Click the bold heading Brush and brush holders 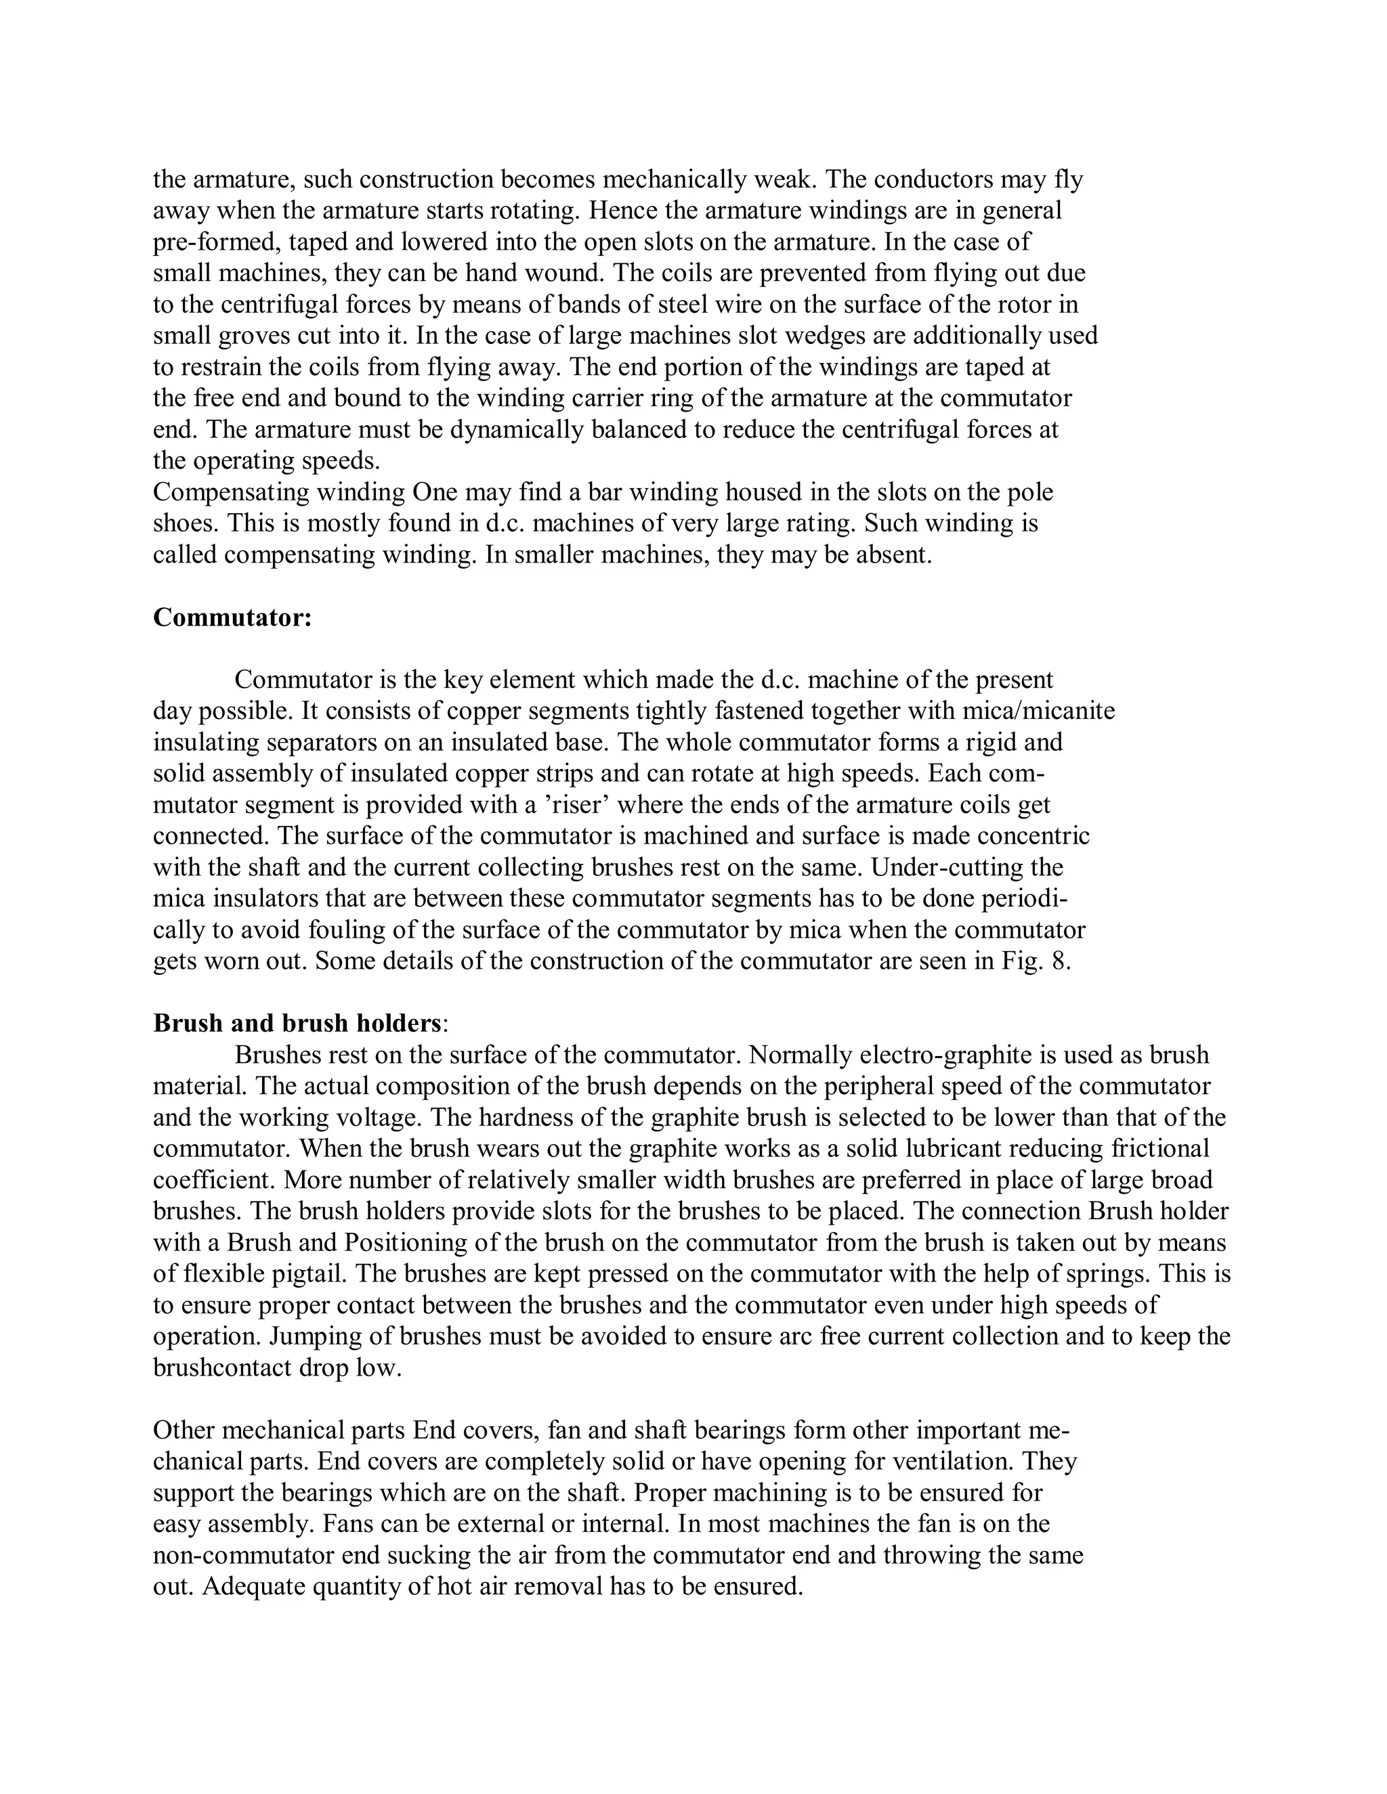297,1024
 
